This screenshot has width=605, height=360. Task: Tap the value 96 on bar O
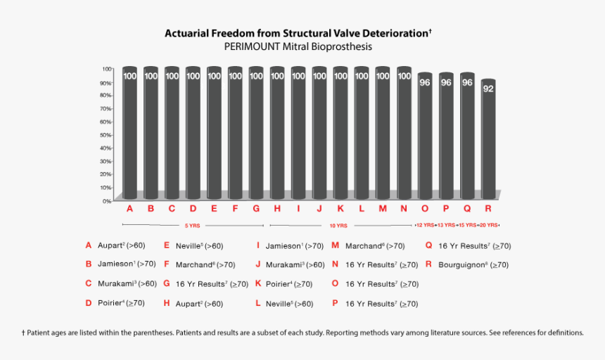[425, 82]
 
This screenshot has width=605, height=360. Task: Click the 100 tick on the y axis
[107, 69]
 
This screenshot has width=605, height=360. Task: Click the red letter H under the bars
[277, 209]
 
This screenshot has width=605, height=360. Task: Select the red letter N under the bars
[404, 209]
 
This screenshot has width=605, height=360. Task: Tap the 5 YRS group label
[191, 226]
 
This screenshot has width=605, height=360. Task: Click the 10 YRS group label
[338, 226]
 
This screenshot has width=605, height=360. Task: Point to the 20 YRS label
[489, 226]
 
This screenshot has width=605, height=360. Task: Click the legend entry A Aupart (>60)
[115, 245]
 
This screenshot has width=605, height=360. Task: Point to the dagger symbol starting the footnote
[23, 333]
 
